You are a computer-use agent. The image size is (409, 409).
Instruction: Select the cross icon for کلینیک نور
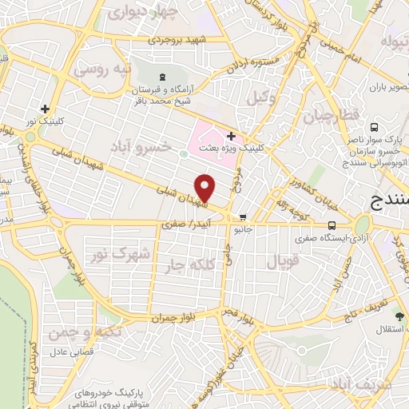[45, 109]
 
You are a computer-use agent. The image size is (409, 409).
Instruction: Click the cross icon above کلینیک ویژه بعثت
[231, 136]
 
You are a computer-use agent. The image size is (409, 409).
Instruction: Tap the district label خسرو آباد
[168, 146]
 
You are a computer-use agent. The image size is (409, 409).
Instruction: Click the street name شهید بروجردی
[180, 40]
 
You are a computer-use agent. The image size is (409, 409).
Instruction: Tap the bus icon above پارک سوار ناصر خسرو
[374, 126]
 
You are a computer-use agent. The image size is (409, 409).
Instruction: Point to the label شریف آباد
[375, 383]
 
